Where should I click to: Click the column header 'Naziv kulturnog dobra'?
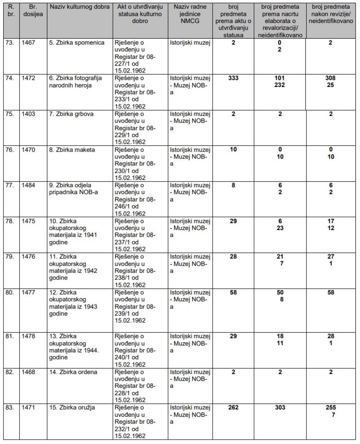(79, 7)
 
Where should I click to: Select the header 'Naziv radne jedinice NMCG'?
(190, 14)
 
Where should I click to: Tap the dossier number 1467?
(29, 43)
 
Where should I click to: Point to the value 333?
(233, 78)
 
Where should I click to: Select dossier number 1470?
(29, 150)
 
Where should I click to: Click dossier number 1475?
(29, 221)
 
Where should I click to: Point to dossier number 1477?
(29, 292)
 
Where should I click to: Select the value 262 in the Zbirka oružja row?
(233, 408)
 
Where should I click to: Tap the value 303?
(280, 408)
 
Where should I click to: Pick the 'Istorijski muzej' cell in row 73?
(190, 43)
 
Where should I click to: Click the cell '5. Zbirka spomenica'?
(77, 43)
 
